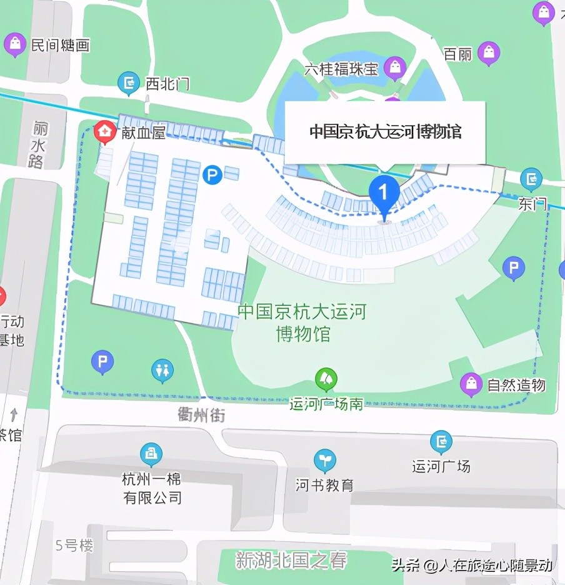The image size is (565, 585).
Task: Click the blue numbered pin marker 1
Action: (384, 191)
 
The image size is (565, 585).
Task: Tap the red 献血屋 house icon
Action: (102, 132)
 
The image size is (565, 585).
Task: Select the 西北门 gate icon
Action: (129, 82)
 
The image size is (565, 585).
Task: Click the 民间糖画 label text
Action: (60, 46)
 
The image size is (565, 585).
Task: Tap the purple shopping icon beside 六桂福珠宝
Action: (394, 67)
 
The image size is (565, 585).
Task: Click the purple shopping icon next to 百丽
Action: (489, 53)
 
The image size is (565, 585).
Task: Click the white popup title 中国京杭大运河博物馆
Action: (385, 132)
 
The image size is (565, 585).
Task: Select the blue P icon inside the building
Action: (212, 174)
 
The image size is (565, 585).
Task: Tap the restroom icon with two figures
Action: (162, 370)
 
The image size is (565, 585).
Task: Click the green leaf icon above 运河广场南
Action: (326, 379)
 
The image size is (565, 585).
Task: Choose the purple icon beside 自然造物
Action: (471, 384)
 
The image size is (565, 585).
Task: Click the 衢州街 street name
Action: (201, 415)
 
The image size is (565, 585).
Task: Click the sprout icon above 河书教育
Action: (324, 460)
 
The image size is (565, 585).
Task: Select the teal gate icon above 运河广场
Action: (441, 441)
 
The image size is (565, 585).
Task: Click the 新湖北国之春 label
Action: (291, 559)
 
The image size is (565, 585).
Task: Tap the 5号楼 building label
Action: (74, 546)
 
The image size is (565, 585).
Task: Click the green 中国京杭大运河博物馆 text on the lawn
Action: (302, 322)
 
